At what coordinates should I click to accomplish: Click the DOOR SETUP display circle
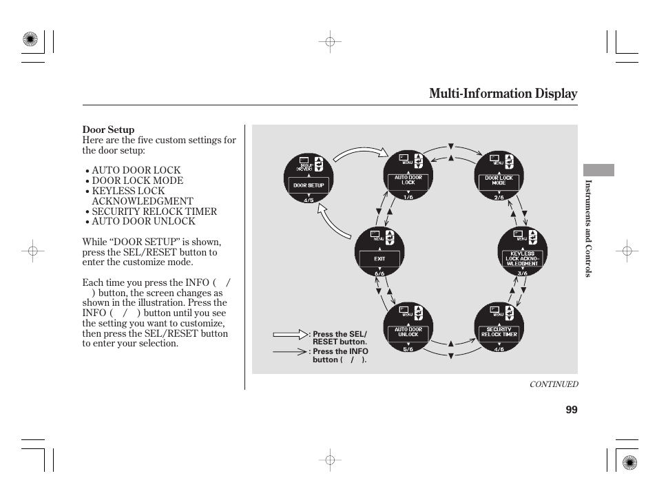pyautogui.click(x=309, y=177)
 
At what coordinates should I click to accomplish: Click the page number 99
pyautogui.click(x=571, y=410)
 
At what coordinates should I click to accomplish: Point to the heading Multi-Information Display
pyautogui.click(x=503, y=94)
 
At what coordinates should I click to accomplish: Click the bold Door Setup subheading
pyautogui.click(x=108, y=129)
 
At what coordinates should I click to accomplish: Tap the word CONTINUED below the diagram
pyautogui.click(x=553, y=385)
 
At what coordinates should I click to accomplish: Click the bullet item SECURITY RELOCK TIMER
pyautogui.click(x=154, y=211)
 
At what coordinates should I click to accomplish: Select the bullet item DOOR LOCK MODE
pyautogui.click(x=138, y=180)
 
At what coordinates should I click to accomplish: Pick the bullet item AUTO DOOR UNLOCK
pyautogui.click(x=143, y=222)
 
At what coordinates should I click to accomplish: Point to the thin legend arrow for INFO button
pyautogui.click(x=290, y=351)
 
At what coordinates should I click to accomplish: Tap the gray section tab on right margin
pyautogui.click(x=598, y=170)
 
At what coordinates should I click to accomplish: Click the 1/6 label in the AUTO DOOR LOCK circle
pyautogui.click(x=408, y=196)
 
